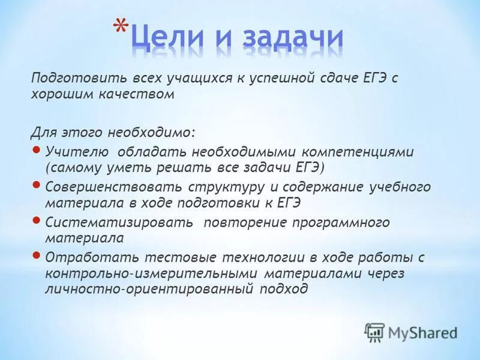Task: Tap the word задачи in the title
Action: coord(293,39)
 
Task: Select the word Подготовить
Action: coord(69,78)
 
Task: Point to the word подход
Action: coord(284,289)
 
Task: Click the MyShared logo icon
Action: coord(374,332)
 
